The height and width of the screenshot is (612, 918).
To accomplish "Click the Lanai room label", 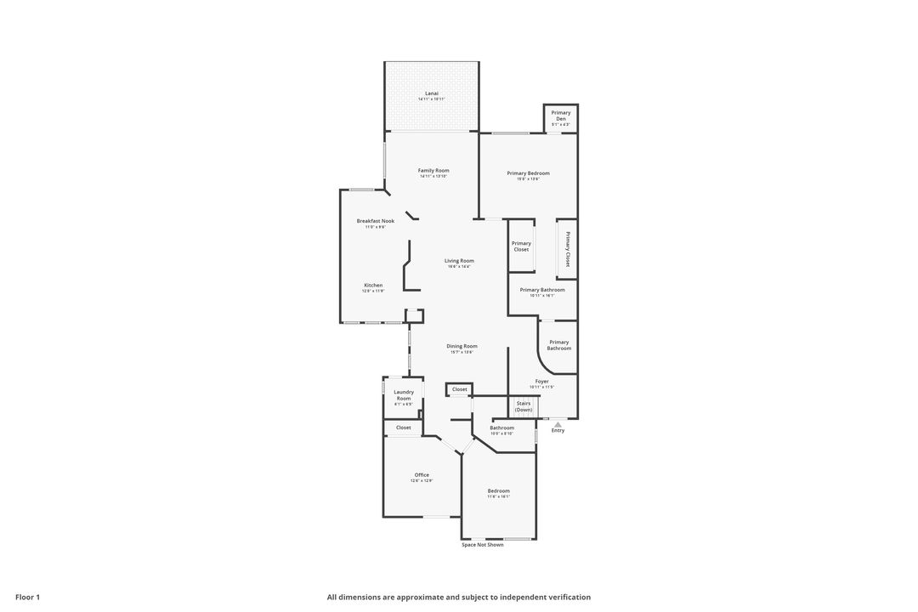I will tap(432, 93).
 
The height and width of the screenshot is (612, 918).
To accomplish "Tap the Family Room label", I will tap(433, 171).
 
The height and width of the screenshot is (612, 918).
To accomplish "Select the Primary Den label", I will tap(561, 116).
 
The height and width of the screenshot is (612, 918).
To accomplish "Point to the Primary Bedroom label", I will tap(528, 173).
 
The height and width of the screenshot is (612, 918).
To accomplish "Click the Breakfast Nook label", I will tap(375, 221).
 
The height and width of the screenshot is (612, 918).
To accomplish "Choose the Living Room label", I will tap(459, 261).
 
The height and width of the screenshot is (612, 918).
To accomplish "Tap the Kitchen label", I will tap(373, 286).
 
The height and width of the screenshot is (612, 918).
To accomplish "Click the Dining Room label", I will tap(462, 346).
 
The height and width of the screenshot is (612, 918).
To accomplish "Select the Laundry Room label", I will tap(404, 395).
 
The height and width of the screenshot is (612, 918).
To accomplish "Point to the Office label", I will tap(422, 475).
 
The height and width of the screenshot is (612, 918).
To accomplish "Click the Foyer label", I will tap(541, 382).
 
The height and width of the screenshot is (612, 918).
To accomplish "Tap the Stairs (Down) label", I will tap(524, 406).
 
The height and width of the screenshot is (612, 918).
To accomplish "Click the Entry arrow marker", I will tap(558, 422).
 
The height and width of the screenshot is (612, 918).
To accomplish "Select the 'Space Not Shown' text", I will tap(483, 545).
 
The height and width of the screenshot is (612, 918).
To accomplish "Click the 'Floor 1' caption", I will tap(27, 597).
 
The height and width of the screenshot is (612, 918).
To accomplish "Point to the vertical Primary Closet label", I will tap(568, 249).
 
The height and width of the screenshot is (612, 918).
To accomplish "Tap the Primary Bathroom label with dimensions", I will tap(542, 290).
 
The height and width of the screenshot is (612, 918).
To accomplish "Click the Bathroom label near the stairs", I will tap(501, 428).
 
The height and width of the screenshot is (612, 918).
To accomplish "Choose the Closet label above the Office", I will tap(404, 428).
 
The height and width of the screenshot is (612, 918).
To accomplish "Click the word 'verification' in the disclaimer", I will tap(567, 597).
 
